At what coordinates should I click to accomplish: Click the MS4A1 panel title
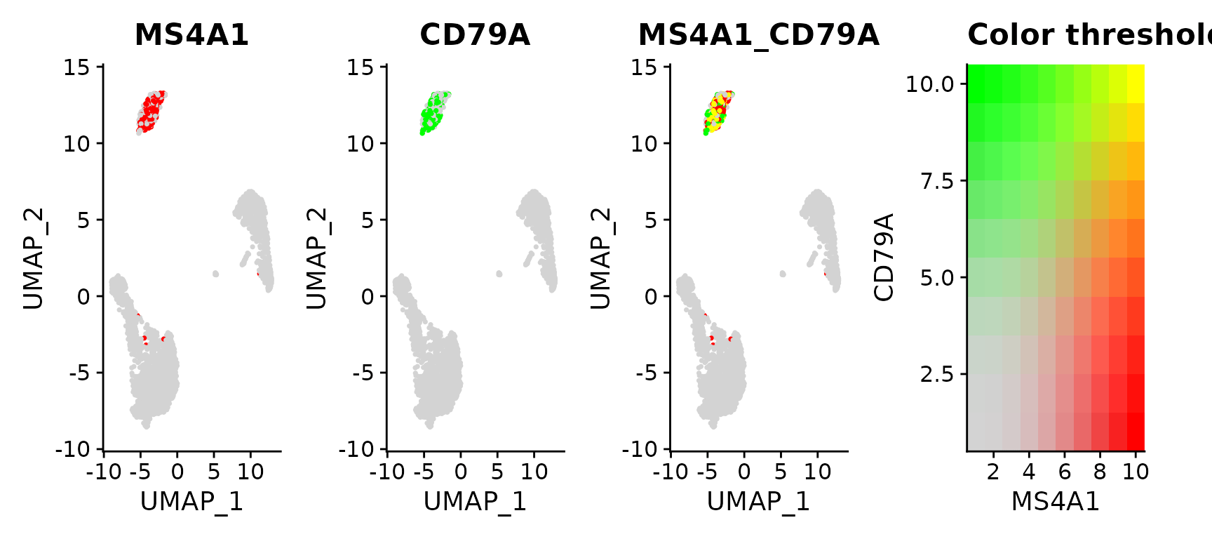191,34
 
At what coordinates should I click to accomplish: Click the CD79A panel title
475,34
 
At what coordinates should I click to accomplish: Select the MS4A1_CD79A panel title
758,34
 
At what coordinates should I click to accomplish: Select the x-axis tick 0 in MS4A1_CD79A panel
744,472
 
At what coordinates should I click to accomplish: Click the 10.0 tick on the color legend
930,84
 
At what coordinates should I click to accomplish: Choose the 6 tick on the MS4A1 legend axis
1065,472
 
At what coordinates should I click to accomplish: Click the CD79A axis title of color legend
884,257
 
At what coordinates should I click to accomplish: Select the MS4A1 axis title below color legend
1055,501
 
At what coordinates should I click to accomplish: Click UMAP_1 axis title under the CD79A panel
475,501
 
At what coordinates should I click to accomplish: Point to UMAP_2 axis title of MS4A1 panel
33,258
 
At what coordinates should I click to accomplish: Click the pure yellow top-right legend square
1136,84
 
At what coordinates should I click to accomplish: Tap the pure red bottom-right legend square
1136,431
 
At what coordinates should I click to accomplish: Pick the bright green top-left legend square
976,84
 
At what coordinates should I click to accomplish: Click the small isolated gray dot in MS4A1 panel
215,274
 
